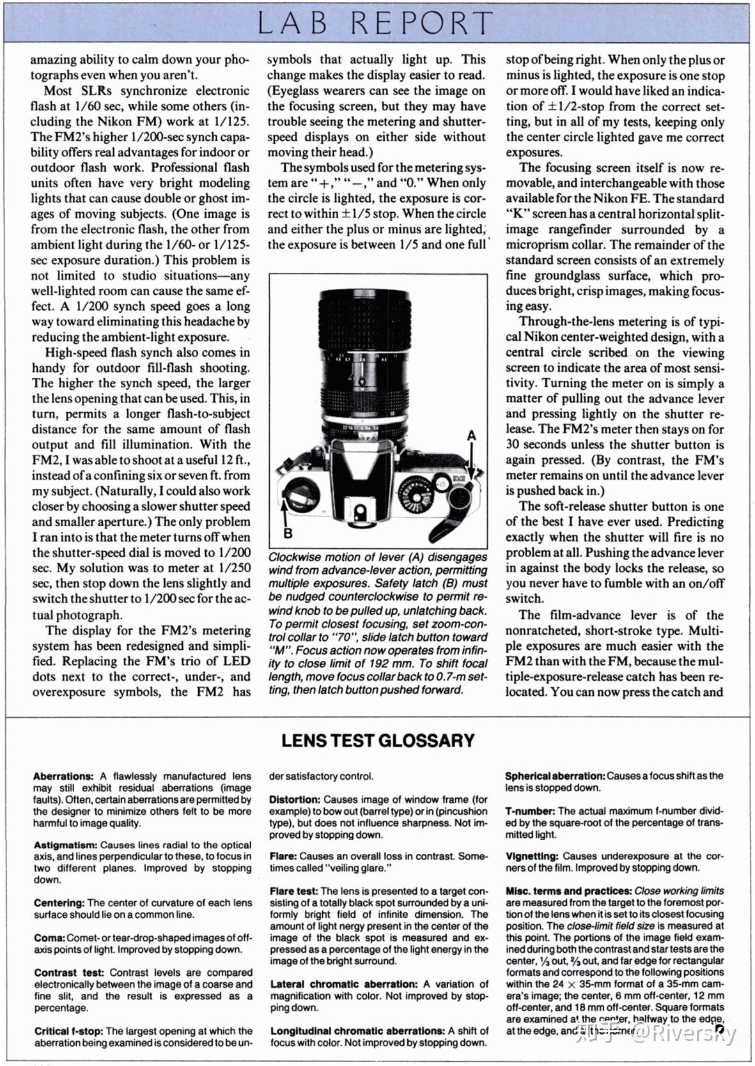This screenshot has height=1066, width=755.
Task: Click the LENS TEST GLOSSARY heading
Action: click(x=378, y=741)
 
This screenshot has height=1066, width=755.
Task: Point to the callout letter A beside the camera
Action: click(x=472, y=436)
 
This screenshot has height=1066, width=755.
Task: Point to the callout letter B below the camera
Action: click(x=288, y=533)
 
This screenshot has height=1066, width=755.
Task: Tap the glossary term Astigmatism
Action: click(x=65, y=845)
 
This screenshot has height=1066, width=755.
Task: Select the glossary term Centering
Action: click(x=59, y=903)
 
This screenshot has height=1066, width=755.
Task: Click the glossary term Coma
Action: click(x=49, y=938)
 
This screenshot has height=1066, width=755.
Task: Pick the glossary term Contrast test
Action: click(x=69, y=973)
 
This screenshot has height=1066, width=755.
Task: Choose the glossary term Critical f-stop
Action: click(x=69, y=1031)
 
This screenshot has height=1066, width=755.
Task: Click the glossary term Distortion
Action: click(x=295, y=799)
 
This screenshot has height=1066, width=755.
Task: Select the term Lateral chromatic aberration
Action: click(x=343, y=984)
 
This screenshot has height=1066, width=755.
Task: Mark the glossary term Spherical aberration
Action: click(x=555, y=776)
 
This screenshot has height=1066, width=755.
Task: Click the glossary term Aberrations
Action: click(x=63, y=776)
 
